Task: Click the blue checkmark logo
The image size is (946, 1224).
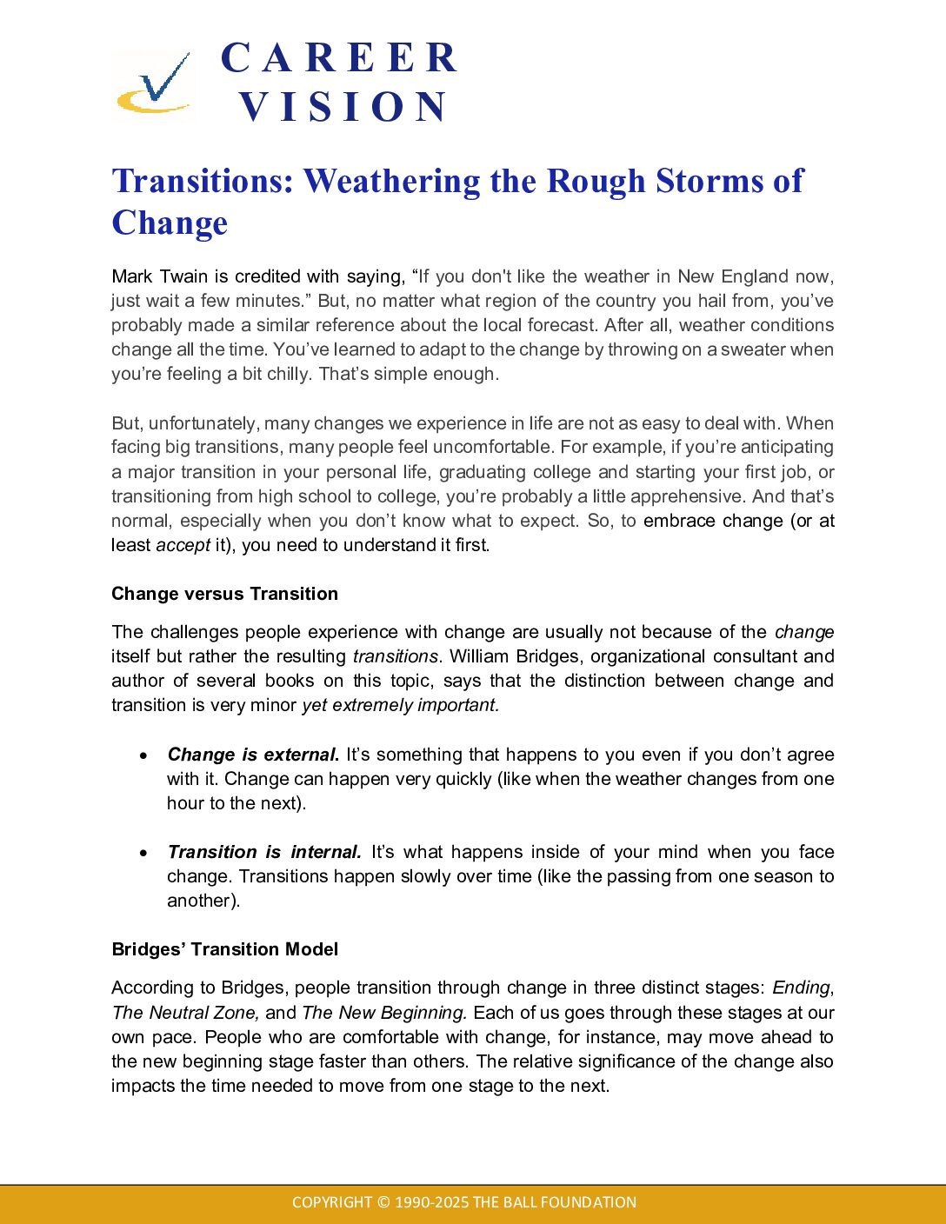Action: click(154, 83)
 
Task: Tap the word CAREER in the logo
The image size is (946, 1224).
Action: click(339, 58)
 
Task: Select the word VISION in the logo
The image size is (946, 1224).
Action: click(343, 107)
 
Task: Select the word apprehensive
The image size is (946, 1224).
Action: click(688, 496)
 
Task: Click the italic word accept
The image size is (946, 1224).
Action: click(183, 545)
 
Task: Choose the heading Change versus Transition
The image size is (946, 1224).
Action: click(224, 594)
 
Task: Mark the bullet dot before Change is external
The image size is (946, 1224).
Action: click(144, 755)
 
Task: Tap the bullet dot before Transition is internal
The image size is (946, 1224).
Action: click(144, 853)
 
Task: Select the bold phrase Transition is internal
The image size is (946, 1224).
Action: click(263, 852)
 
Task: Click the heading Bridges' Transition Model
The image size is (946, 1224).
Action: click(224, 949)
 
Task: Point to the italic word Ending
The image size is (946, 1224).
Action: click(801, 988)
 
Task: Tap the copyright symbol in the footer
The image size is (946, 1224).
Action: click(383, 1202)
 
